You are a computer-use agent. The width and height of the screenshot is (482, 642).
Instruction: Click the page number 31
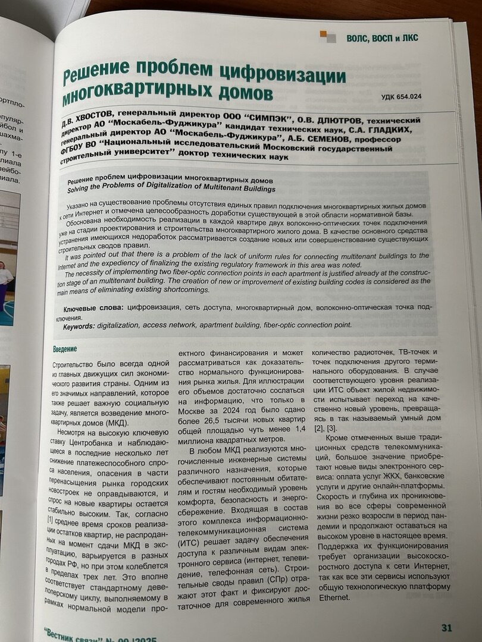tap(447, 628)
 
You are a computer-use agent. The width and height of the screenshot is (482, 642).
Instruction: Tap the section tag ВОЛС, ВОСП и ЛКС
tap(382, 38)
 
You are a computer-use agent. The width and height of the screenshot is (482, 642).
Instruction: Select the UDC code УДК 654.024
tap(402, 97)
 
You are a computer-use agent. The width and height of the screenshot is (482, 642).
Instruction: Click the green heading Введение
tap(65, 349)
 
